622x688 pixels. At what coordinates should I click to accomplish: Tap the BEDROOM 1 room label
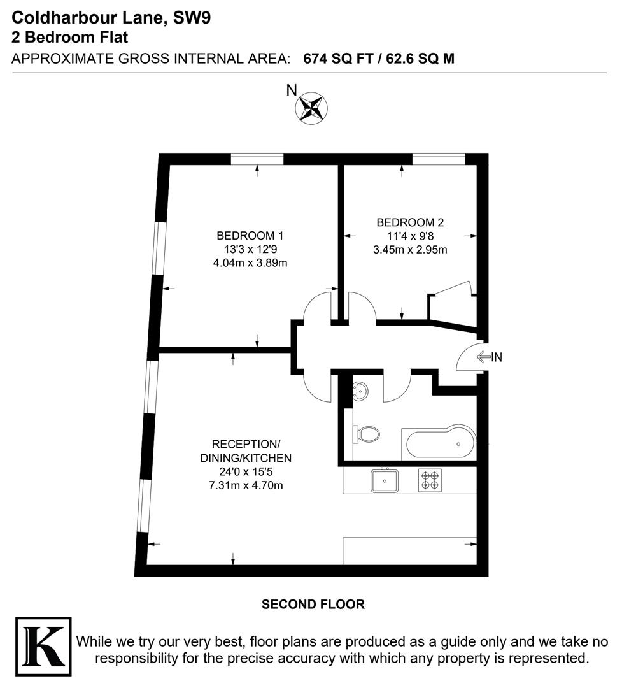(250, 234)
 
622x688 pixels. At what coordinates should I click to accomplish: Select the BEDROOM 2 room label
(410, 222)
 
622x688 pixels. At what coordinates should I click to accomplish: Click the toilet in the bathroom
(367, 435)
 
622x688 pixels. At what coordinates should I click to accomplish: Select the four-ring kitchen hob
(430, 480)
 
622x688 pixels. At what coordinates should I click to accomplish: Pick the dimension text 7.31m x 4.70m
(246, 485)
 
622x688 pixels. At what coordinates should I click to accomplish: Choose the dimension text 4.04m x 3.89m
(250, 263)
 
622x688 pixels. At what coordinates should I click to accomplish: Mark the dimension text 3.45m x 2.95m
(410, 250)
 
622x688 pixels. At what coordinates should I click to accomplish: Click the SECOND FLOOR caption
(313, 604)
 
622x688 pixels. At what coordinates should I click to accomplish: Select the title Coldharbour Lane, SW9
(111, 18)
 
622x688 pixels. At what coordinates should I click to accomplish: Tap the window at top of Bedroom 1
(257, 159)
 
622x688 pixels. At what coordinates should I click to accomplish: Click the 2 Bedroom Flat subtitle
(70, 37)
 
